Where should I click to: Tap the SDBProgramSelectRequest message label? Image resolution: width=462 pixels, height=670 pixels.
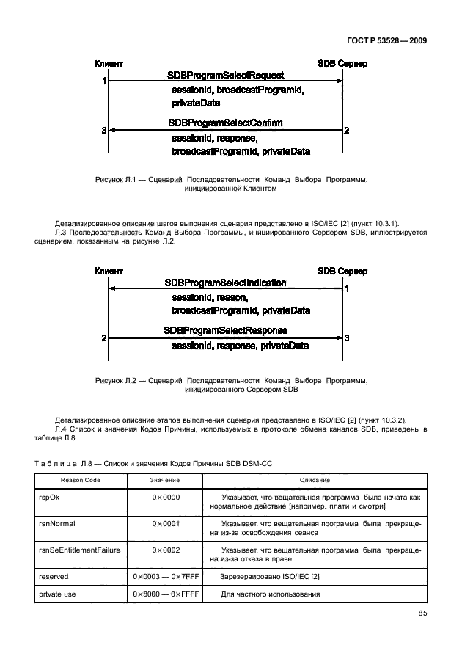tap(225, 76)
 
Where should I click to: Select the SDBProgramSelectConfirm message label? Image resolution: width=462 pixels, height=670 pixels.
tap(225, 123)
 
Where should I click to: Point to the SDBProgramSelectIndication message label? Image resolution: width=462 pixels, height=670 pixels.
tap(225, 283)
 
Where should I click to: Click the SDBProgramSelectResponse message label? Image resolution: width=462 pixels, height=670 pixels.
tap(225, 331)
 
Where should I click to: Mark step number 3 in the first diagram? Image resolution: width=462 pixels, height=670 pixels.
tap(104, 131)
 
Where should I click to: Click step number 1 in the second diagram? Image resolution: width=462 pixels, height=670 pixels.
tap(346, 289)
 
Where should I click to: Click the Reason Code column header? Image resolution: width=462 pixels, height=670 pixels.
tap(80, 479)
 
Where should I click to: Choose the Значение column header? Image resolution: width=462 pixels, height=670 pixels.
tap(165, 479)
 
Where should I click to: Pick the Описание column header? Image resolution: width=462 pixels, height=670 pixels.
tap(314, 479)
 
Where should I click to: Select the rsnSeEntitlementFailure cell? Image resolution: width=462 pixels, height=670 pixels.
tap(78, 550)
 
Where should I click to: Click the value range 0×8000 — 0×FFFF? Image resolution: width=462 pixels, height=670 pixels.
tap(166, 594)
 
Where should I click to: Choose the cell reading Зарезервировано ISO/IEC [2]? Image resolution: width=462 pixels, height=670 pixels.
tap(265, 578)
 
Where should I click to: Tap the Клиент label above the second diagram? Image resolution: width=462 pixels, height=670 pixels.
tap(109, 271)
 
